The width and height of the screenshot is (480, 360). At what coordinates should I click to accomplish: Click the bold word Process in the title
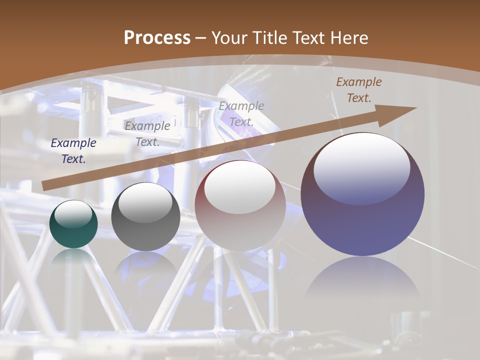[157, 38]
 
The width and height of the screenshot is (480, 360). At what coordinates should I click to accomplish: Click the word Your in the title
[228, 38]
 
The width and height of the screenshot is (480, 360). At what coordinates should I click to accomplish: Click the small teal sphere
[73, 224]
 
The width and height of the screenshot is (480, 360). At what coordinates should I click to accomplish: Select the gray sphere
[145, 220]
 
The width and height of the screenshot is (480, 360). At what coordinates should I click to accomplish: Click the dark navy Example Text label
[73, 151]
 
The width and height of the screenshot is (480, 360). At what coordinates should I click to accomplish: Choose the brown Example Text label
[358, 90]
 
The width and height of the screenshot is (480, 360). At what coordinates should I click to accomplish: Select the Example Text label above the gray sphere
[147, 133]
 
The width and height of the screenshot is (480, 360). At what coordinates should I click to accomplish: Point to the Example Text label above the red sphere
[241, 113]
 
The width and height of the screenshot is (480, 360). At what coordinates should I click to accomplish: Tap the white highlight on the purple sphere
[361, 167]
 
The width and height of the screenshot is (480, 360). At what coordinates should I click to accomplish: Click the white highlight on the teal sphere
[73, 214]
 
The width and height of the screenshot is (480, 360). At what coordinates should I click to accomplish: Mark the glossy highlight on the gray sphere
[145, 202]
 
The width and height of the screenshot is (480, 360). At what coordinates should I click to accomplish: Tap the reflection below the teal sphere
[73, 257]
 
